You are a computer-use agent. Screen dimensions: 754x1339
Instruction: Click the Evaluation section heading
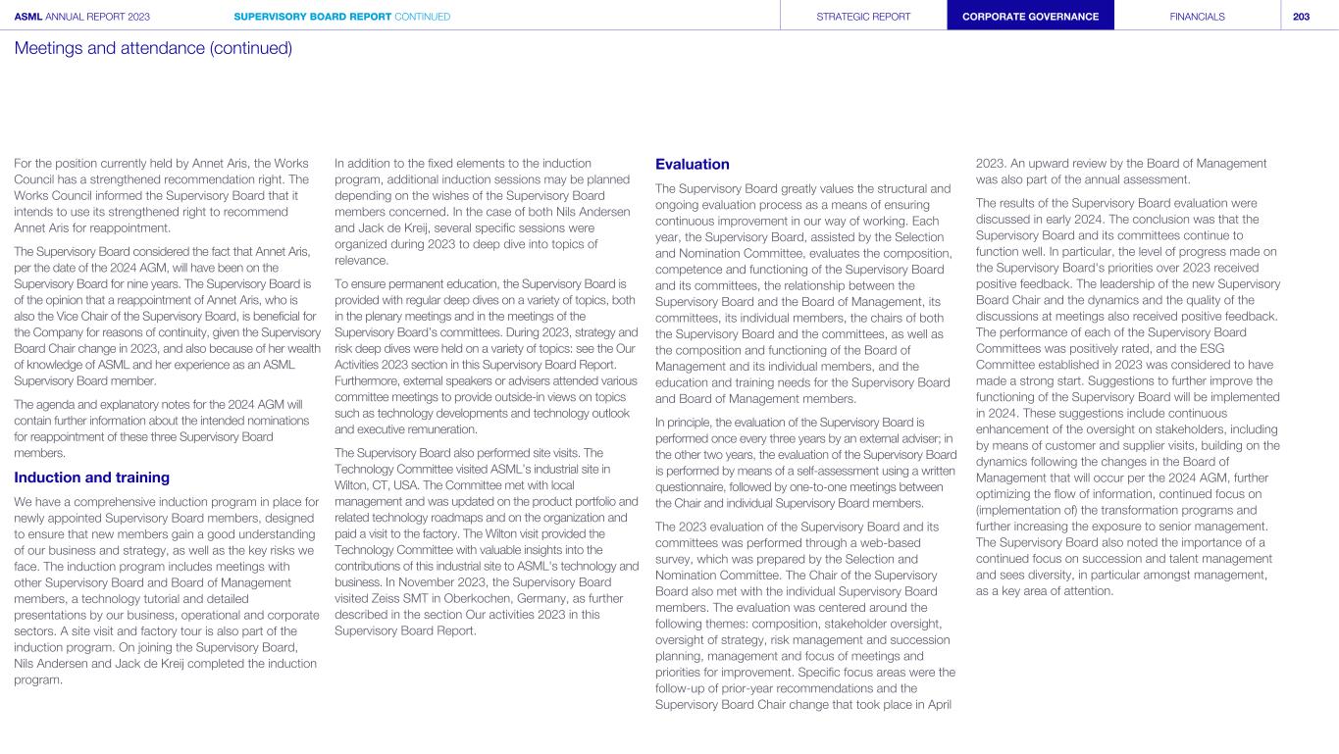(x=692, y=164)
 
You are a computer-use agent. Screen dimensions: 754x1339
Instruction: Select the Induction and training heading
(x=91, y=478)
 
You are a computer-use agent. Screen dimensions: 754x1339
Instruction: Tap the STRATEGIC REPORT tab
(x=863, y=17)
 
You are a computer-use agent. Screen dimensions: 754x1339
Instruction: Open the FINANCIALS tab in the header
(x=1197, y=17)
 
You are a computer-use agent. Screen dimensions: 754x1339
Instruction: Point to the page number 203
(x=1301, y=17)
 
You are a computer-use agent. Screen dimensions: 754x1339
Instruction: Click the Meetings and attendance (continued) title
(x=153, y=47)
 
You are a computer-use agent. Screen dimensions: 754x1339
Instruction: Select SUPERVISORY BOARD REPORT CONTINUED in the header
(x=342, y=17)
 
